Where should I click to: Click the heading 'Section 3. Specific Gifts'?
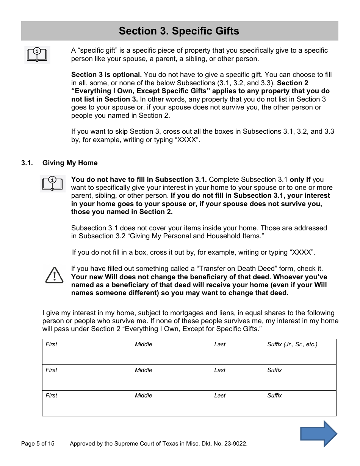(x=179, y=31)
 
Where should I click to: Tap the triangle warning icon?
(x=54, y=275)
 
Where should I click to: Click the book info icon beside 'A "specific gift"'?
(x=37, y=55)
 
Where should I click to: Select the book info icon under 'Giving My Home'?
(x=52, y=184)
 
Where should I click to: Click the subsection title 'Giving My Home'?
(x=70, y=163)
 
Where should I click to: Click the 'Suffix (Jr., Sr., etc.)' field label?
(x=292, y=344)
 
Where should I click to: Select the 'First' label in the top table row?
(x=51, y=344)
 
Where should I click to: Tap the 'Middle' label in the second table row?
(x=143, y=370)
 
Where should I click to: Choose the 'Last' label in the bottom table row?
(x=220, y=396)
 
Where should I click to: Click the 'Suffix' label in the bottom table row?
(x=274, y=396)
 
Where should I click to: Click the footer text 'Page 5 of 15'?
(x=38, y=444)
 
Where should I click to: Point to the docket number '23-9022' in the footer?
(x=236, y=444)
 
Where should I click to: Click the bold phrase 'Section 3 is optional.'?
(x=106, y=75)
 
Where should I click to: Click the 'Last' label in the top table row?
(x=220, y=344)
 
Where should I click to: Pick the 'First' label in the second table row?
(x=51, y=370)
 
